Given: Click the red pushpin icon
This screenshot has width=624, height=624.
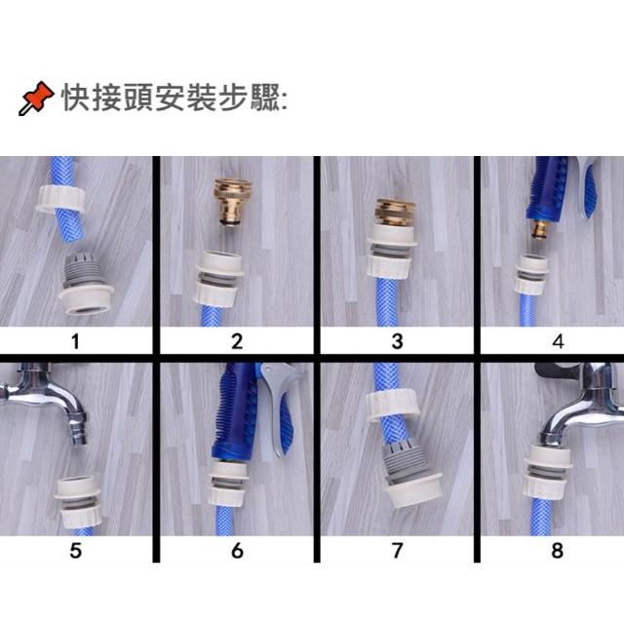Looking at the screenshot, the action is click(36, 97).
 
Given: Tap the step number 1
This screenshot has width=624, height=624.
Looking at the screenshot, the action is click(76, 341).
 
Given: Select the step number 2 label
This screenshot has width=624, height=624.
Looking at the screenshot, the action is click(237, 341).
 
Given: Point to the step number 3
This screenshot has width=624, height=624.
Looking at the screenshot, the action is click(397, 341).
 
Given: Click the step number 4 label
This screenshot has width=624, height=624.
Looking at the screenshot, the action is click(558, 341).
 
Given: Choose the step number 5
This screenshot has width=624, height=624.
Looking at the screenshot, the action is click(76, 551).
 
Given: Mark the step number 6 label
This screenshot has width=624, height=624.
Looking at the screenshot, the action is click(237, 551).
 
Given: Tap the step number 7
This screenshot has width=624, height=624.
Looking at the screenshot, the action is click(397, 551).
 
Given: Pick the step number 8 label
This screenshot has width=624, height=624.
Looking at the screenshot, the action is click(557, 551).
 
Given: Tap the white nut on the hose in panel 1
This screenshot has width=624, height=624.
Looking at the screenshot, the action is click(60, 198).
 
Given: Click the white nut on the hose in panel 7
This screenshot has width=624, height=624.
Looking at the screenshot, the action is click(393, 404).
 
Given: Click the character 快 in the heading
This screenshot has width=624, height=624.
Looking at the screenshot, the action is click(76, 97).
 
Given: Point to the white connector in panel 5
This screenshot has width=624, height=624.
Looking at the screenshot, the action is click(78, 502).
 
